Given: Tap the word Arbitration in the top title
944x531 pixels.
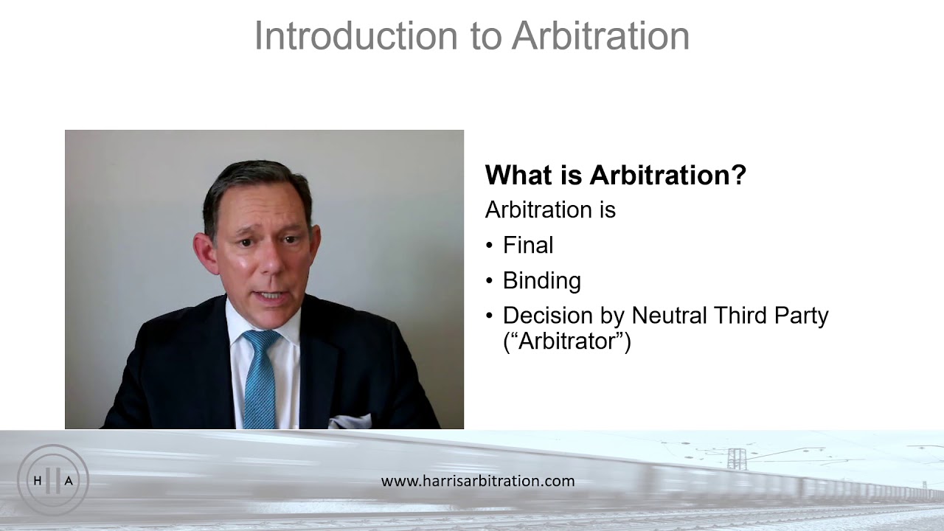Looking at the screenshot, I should (x=600, y=36).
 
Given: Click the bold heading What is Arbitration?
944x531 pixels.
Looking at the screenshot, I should (x=615, y=176).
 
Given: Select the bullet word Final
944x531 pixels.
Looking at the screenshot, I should (x=527, y=246).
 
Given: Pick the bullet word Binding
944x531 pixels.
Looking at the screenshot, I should (x=541, y=281).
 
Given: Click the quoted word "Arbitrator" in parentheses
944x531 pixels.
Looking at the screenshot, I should (x=566, y=342).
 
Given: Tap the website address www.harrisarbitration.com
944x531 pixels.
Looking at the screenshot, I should (x=477, y=481).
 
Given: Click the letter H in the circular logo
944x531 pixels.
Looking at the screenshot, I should (x=38, y=481).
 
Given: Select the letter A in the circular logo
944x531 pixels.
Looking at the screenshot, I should (x=69, y=481).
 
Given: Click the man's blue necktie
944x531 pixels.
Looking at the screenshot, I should (x=260, y=376).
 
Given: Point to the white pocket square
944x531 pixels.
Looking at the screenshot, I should (x=350, y=422).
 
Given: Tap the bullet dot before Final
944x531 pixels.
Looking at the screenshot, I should (x=490, y=246).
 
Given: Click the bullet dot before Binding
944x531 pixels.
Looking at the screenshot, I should (x=490, y=282).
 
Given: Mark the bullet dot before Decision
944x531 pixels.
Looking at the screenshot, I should (x=490, y=316).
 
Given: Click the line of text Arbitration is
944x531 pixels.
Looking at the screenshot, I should (x=549, y=210).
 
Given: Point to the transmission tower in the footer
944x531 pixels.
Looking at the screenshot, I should (x=736, y=458).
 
